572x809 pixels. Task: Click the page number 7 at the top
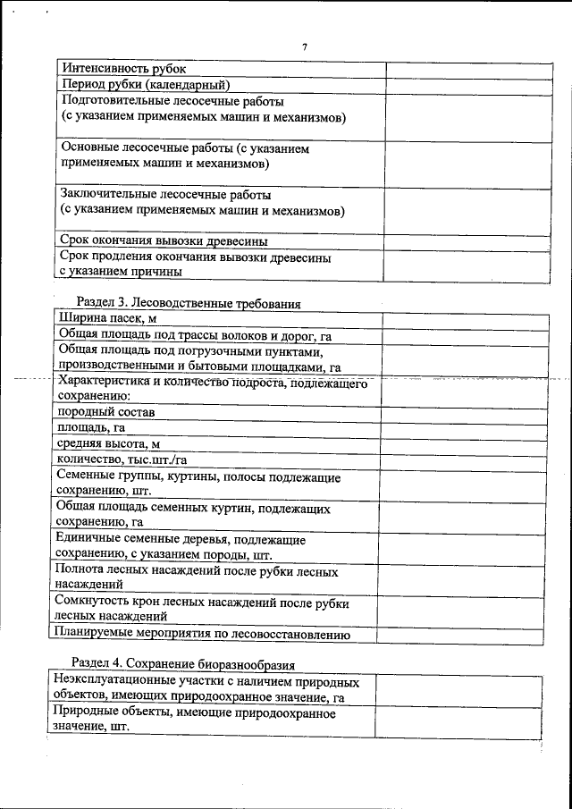click(304, 47)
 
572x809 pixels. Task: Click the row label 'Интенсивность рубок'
click(122, 68)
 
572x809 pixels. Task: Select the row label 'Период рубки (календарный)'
click(146, 84)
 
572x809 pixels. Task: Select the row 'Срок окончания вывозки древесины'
click(164, 240)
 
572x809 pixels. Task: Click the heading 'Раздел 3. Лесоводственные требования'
click(189, 303)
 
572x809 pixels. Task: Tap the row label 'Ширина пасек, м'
click(108, 319)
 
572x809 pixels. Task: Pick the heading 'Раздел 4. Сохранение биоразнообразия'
click(183, 663)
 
